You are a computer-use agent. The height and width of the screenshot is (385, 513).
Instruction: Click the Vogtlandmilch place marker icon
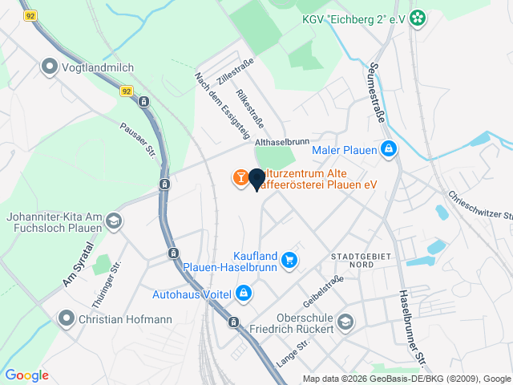(x=50, y=67)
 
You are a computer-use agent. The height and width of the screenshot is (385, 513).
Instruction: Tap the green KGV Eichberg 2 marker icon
(x=418, y=18)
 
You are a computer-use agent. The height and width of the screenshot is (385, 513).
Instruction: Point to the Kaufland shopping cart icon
(x=289, y=260)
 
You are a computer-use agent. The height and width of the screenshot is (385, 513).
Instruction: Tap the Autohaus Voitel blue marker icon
(x=243, y=294)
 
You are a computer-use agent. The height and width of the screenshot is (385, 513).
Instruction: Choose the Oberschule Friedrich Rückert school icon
(x=345, y=322)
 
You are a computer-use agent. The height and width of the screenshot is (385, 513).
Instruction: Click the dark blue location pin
(x=256, y=180)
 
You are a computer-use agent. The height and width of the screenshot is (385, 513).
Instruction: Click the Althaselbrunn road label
(x=281, y=142)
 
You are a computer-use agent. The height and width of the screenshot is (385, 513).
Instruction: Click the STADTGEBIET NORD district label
(x=352, y=259)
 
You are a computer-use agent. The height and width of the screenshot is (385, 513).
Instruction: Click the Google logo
(x=26, y=375)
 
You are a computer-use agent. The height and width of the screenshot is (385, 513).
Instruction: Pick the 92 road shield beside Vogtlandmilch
(x=127, y=91)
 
